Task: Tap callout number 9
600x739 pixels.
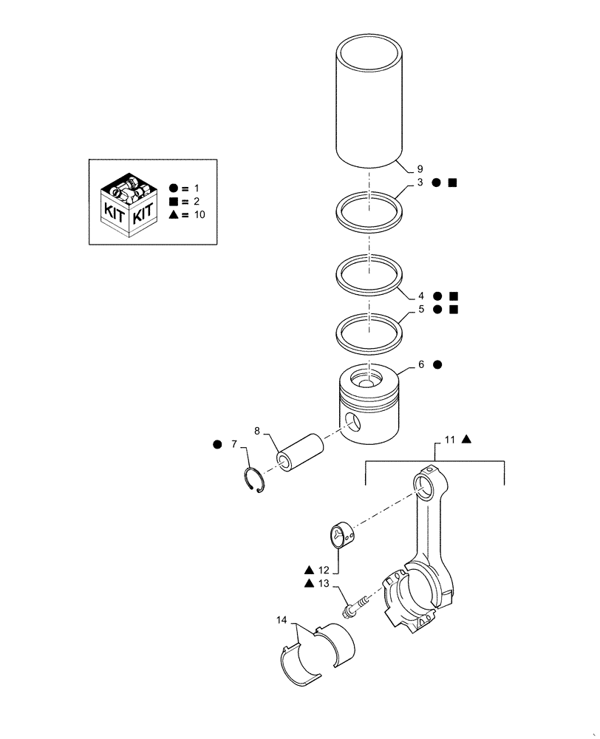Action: click(420, 169)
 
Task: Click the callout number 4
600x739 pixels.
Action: click(420, 296)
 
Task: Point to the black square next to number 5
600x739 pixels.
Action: click(453, 310)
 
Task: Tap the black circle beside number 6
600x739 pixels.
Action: click(437, 364)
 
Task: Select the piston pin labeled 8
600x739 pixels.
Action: click(299, 450)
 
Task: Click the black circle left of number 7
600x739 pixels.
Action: click(217, 445)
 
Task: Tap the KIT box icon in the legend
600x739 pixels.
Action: click(129, 202)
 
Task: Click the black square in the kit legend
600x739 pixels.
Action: click(172, 201)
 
